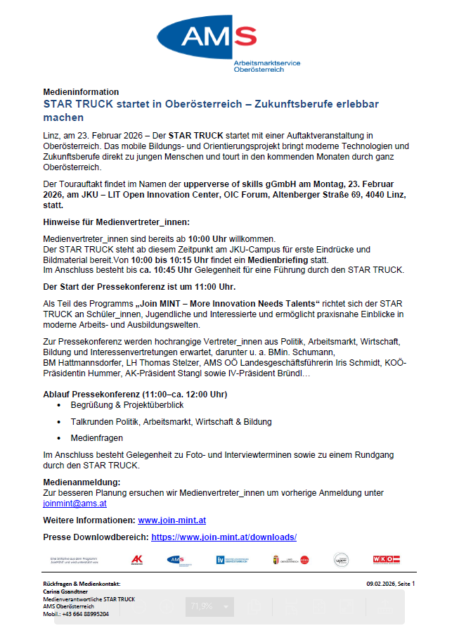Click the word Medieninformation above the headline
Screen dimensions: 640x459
pyautogui.click(x=81, y=92)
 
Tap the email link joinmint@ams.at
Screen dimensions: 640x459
pyautogui.click(x=75, y=504)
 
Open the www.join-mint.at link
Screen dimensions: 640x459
pyautogui.click(x=172, y=520)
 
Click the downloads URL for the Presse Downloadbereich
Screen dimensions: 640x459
pyautogui.click(x=224, y=537)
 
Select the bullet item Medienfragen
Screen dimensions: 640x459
pyautogui.click(x=96, y=437)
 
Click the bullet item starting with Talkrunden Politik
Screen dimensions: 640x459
pyautogui.click(x=171, y=421)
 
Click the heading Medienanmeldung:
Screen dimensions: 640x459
pyautogui.click(x=82, y=482)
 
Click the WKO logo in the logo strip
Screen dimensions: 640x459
pyautogui.click(x=386, y=560)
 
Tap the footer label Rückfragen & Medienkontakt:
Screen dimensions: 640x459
pyautogui.click(x=82, y=584)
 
